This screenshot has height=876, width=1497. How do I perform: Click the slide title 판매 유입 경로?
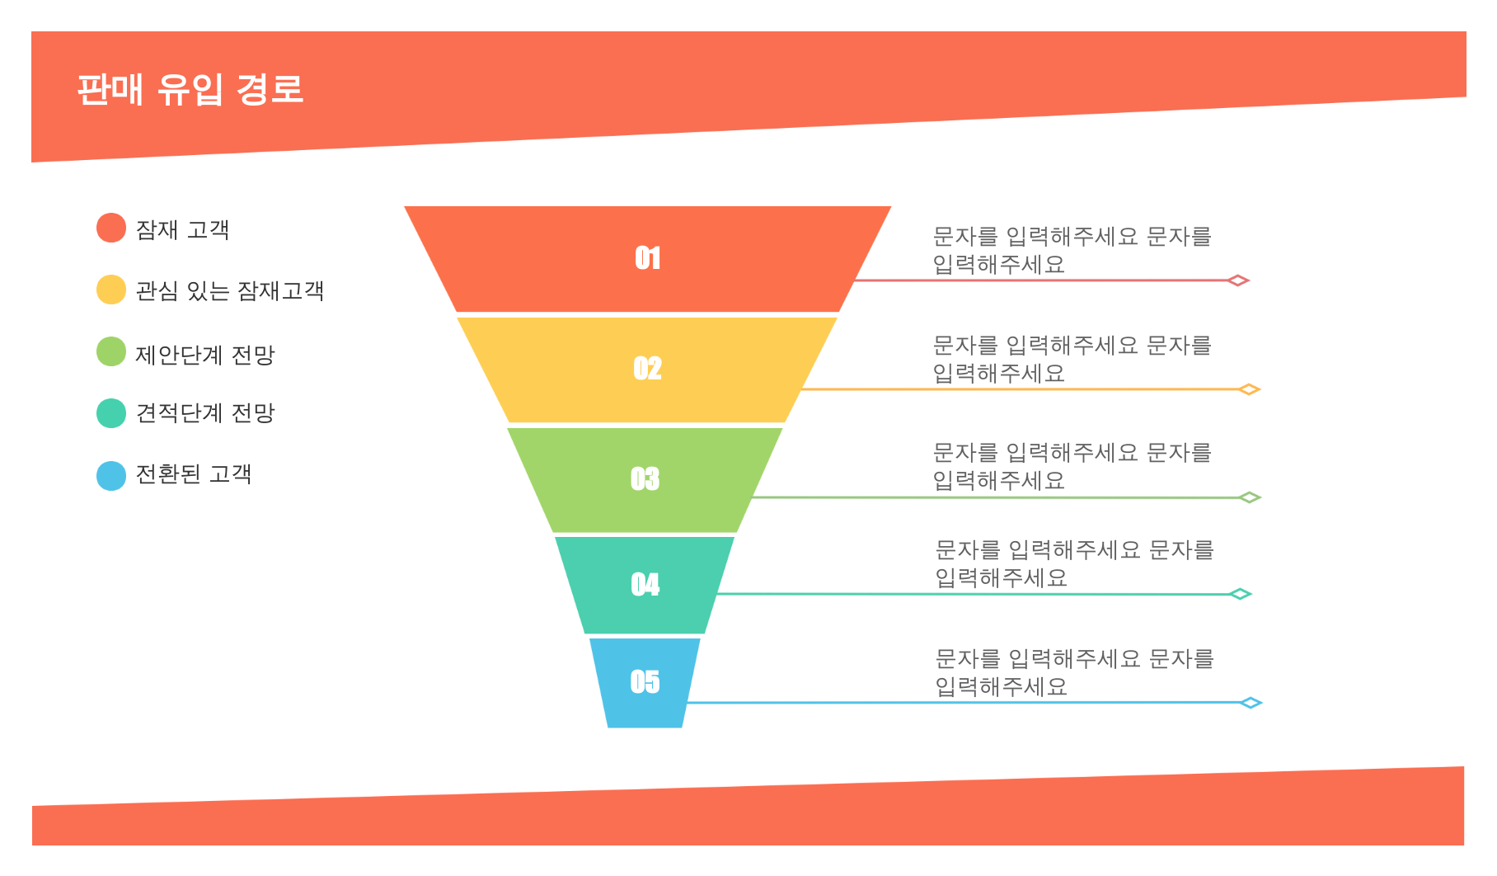point(190,89)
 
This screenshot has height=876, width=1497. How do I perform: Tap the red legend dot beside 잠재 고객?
point(111,228)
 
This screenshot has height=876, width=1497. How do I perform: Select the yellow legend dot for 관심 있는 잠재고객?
point(111,290)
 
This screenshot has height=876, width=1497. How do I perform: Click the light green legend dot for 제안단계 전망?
point(111,351)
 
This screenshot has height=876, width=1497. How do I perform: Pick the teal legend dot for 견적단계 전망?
point(111,413)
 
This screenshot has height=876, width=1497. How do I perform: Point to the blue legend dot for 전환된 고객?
point(111,476)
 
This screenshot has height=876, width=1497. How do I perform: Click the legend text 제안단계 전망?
point(205,355)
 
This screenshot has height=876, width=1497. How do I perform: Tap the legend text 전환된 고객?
point(194,474)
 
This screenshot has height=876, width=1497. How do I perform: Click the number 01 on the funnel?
point(648,258)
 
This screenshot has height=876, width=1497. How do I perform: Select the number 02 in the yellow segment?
point(648,368)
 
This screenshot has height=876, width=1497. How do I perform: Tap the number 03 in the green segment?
point(645,478)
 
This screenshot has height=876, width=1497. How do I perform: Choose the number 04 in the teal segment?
point(645,584)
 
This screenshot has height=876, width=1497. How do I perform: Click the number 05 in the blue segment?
point(645,681)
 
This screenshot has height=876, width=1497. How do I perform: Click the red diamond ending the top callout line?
point(1238,280)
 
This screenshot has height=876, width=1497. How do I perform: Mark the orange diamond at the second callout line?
point(1250,389)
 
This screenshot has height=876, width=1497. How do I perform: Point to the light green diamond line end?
point(1250,497)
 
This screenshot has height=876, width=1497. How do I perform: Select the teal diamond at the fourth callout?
point(1241,594)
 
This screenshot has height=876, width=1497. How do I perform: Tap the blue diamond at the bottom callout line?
point(1251,703)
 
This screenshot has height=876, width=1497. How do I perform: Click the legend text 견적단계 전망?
point(205,412)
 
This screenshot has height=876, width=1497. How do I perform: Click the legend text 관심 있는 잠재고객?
point(230,290)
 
